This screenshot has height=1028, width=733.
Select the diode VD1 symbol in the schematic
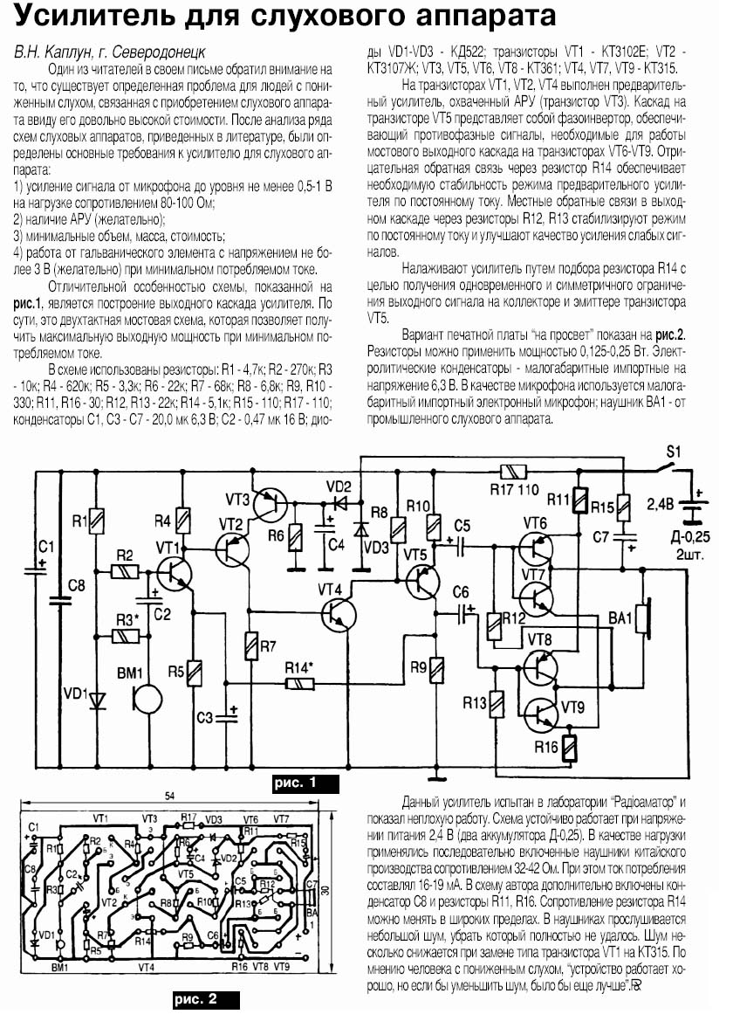coord(95,700)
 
